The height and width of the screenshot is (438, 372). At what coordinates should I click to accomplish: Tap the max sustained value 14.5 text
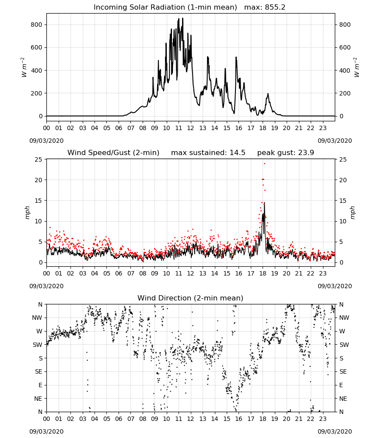click(x=238, y=153)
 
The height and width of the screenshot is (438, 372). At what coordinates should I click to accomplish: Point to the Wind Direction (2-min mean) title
click(x=190, y=298)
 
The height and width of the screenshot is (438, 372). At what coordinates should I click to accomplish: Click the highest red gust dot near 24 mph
click(x=264, y=164)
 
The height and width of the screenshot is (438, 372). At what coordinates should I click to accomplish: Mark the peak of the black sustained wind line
click(x=264, y=203)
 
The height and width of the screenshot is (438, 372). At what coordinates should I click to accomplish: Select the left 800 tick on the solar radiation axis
click(x=36, y=25)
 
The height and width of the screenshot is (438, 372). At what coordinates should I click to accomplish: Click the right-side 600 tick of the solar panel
click(x=345, y=47)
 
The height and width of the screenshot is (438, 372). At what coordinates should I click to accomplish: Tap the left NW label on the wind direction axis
click(x=37, y=318)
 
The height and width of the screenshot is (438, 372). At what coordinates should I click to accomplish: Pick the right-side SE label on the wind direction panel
click(x=343, y=371)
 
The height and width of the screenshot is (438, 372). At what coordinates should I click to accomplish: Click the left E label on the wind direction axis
click(x=40, y=385)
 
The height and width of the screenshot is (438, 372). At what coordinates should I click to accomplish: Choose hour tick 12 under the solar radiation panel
click(x=191, y=128)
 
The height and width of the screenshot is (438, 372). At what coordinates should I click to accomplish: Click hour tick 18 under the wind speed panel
click(x=263, y=273)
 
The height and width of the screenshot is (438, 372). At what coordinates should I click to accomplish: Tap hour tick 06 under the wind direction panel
click(x=119, y=419)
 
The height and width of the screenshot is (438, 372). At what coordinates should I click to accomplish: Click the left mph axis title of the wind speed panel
click(x=27, y=212)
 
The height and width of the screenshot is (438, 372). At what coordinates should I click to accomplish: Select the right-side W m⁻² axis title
click(x=357, y=67)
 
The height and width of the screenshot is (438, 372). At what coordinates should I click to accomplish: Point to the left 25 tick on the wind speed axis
click(x=39, y=159)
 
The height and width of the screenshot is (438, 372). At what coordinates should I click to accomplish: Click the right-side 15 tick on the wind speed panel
click(x=343, y=201)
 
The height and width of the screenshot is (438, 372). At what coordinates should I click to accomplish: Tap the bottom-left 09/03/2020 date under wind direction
click(x=46, y=431)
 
